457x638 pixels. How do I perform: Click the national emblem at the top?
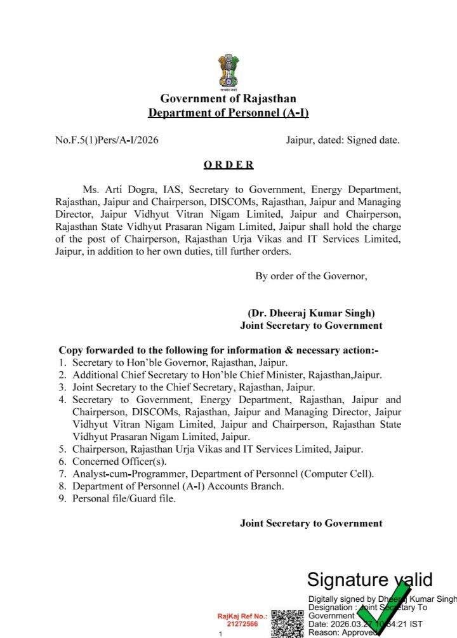[x=228, y=72]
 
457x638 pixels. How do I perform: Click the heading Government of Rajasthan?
[x=228, y=98]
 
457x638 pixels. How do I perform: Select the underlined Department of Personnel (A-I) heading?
[x=228, y=113]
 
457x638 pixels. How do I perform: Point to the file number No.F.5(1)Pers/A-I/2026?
[x=107, y=140]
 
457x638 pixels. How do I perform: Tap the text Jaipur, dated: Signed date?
[x=343, y=140]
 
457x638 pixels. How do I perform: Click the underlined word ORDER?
[x=228, y=164]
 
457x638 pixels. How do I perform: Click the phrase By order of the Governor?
[x=311, y=276]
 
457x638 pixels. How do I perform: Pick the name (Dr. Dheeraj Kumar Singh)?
[x=311, y=313]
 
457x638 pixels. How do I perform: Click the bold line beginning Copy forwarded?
[x=218, y=350]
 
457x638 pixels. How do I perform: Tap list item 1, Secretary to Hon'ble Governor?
[x=180, y=362]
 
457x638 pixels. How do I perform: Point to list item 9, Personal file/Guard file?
[x=124, y=498]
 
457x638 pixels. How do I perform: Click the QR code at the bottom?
[x=287, y=623]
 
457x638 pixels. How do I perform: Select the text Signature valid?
[x=369, y=580]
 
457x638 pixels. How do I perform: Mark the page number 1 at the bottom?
[x=220, y=634]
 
